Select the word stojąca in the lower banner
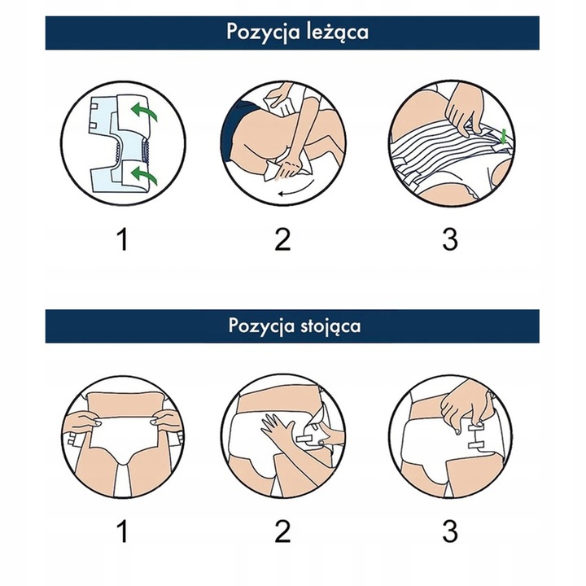pyautogui.click(x=330, y=326)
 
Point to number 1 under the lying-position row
pyautogui.click(x=123, y=239)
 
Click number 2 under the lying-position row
pyautogui.click(x=282, y=239)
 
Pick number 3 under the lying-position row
pyautogui.click(x=450, y=239)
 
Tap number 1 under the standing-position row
pyautogui.click(x=123, y=531)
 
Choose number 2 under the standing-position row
pyautogui.click(x=282, y=531)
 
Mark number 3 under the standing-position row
pyautogui.click(x=450, y=531)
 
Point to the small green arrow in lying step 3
pyautogui.click(x=505, y=137)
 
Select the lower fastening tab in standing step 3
pyautogui.click(x=475, y=444)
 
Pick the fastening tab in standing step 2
pyautogui.click(x=306, y=439)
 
